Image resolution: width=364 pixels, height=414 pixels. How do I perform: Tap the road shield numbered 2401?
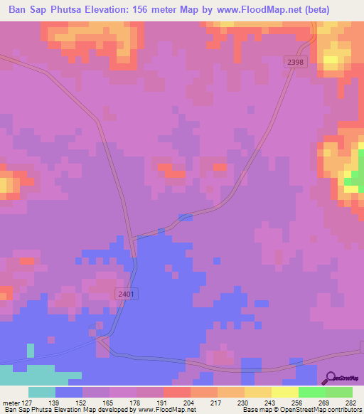pos(126,292)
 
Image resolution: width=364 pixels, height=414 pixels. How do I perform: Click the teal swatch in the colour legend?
pos(42,392)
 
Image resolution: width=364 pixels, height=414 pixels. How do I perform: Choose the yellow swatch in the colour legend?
pos(284,392)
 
